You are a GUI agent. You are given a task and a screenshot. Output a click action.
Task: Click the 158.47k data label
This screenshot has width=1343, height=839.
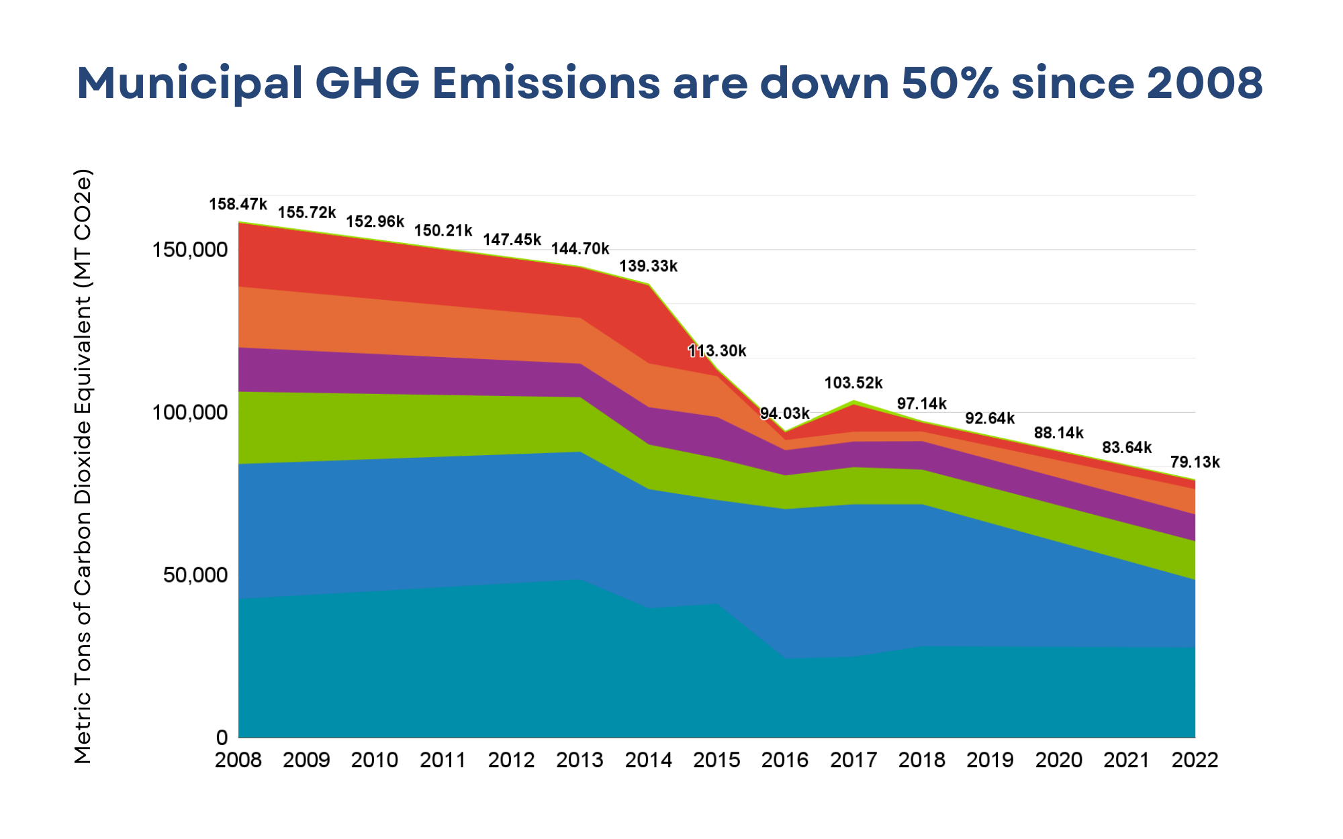pyautogui.click(x=238, y=204)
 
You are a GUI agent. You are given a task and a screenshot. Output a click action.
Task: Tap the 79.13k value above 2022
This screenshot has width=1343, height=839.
pyautogui.click(x=1195, y=462)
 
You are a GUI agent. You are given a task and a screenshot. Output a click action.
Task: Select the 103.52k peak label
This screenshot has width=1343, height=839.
pyautogui.click(x=853, y=383)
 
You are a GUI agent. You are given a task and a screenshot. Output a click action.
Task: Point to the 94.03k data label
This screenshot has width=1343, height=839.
pyautogui.click(x=784, y=413)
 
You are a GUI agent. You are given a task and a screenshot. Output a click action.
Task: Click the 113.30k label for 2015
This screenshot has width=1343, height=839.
pyautogui.click(x=716, y=351)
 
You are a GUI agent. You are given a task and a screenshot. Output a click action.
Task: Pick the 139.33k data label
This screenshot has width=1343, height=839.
pyautogui.click(x=648, y=266)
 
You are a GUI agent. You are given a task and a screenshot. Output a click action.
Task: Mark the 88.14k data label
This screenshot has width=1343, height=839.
pyautogui.click(x=1058, y=433)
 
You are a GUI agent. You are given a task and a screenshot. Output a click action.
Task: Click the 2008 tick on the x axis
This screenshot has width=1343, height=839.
pyautogui.click(x=238, y=760)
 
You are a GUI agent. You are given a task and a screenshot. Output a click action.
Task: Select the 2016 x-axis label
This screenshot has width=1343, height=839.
pyautogui.click(x=784, y=760)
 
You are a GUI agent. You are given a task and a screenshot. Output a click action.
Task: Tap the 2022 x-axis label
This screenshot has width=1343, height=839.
pyautogui.click(x=1195, y=760)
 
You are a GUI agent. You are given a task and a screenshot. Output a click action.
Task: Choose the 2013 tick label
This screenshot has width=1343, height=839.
pyautogui.click(x=580, y=760)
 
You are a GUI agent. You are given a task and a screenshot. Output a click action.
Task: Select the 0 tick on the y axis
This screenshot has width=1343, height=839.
pyautogui.click(x=222, y=738)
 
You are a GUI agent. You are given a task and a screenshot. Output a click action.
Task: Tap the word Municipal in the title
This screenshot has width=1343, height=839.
pyautogui.click(x=189, y=83)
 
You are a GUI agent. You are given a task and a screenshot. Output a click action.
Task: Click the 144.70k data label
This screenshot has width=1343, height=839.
pyautogui.click(x=580, y=250)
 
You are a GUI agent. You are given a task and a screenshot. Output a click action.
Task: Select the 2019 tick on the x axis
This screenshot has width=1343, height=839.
pyautogui.click(x=990, y=760)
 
